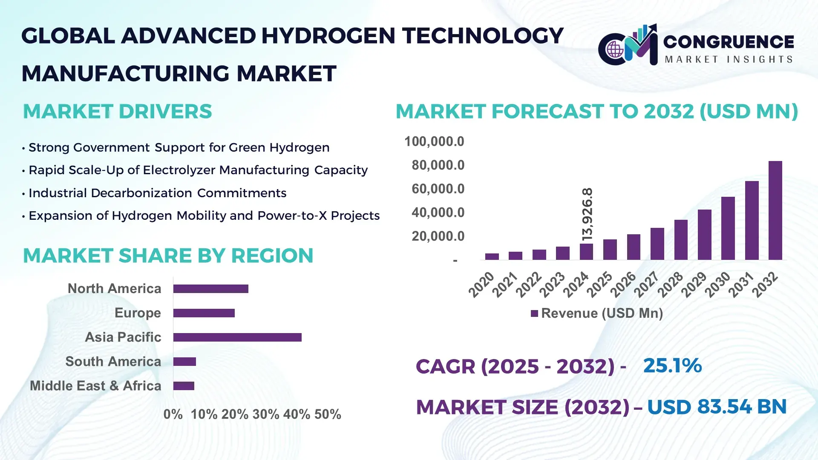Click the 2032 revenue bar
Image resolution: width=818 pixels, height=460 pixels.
[775, 210]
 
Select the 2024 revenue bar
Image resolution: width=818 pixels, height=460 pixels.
[586, 252]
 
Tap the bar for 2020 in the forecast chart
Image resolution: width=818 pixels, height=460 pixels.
[492, 256]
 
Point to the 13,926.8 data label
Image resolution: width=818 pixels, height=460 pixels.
[587, 214]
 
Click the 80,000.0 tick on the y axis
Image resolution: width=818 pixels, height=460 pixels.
[438, 165]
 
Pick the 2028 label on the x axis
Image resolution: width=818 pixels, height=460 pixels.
[671, 285]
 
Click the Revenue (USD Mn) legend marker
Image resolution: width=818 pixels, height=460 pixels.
[534, 314]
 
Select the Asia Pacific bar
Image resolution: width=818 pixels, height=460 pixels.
[237, 337]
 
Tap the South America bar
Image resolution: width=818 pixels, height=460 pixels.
[184, 362]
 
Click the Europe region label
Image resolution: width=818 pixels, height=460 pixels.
[138, 313]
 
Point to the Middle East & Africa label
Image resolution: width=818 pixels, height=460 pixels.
[95, 386]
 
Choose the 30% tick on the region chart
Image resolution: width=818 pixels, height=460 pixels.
[265, 414]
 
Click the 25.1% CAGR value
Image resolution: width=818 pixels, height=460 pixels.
[672, 366]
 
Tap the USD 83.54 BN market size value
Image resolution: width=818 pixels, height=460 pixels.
[717, 407]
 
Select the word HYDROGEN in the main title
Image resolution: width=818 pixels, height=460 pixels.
[328, 36]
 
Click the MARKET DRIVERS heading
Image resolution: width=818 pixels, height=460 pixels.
[117, 112]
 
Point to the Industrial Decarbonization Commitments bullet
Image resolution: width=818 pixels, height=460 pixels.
[157, 193]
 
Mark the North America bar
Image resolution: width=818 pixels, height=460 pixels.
[210, 289]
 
